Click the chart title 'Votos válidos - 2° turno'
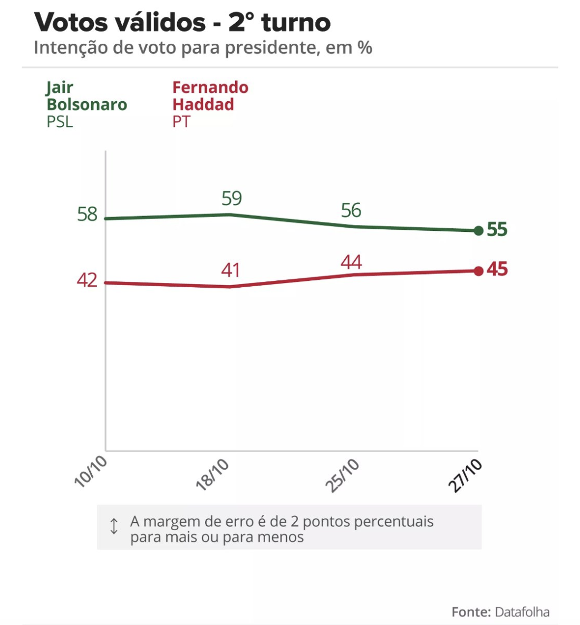[x=182, y=23]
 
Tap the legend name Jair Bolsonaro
[x=86, y=96]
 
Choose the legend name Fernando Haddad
[x=210, y=96]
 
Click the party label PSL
[x=60, y=122]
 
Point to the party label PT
[x=181, y=122]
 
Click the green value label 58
[x=87, y=214]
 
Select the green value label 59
[x=231, y=199]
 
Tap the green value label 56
[x=351, y=211]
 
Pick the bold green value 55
[x=497, y=230]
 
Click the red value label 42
[x=87, y=280]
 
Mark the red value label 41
[x=231, y=271]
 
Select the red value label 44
[x=351, y=262]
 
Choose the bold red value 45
[x=497, y=269]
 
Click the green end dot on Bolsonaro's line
[x=478, y=231]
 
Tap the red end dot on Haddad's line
[x=478, y=271]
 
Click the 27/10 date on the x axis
[x=466, y=475]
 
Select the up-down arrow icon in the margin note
[x=114, y=526]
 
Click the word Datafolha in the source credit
[x=521, y=612]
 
